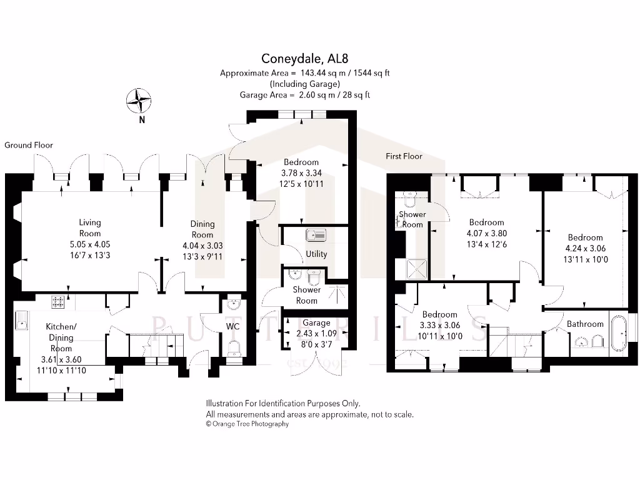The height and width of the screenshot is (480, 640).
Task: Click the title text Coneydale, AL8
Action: (304, 60)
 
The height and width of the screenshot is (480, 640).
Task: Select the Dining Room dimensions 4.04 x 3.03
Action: (202, 246)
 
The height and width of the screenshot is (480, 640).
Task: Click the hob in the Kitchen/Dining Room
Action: (58, 302)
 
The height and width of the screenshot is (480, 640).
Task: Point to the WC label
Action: (232, 326)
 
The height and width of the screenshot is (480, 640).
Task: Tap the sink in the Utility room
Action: (316, 236)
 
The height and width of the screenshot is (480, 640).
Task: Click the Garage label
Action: (317, 323)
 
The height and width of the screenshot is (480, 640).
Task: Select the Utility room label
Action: (317, 254)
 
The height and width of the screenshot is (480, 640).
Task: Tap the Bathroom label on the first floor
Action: (585, 324)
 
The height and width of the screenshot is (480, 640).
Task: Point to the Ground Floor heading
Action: (29, 145)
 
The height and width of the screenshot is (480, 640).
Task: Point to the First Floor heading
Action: (404, 156)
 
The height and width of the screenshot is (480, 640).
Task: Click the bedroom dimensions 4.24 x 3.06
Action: (585, 248)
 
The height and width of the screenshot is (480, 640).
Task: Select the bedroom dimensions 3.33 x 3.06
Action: (439, 326)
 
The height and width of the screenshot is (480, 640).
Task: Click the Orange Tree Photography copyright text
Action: (247, 424)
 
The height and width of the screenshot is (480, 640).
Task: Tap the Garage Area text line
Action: (304, 95)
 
